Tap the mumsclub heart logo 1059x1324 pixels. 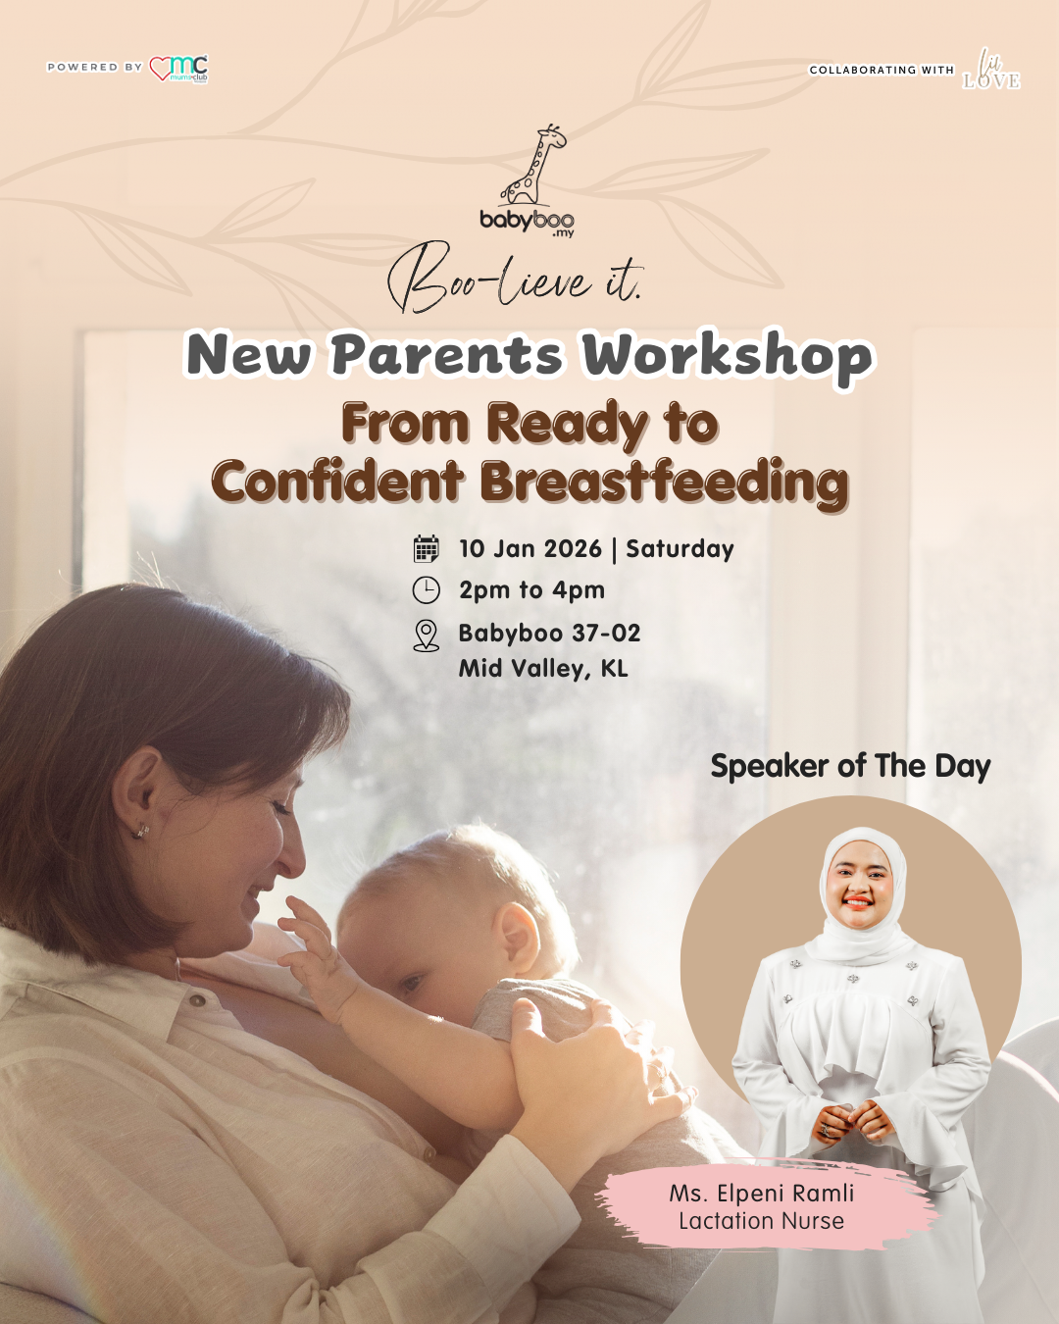point(179,69)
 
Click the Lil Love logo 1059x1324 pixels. point(991,70)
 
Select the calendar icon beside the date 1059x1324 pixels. point(427,549)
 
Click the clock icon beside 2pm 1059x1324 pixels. point(427,590)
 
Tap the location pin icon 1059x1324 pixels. point(427,636)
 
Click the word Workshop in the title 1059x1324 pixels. point(727,355)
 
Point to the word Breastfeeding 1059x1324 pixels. point(664,483)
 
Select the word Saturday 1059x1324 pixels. point(680,549)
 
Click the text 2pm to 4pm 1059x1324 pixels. point(531,590)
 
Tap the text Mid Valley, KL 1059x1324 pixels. point(543,669)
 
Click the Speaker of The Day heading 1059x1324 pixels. point(850,766)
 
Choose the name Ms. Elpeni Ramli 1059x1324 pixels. point(762,1194)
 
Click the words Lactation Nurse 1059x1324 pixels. point(762,1222)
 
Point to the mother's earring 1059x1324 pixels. point(141,831)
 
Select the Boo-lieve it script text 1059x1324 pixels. point(515,280)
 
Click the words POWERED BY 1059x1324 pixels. point(95,68)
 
